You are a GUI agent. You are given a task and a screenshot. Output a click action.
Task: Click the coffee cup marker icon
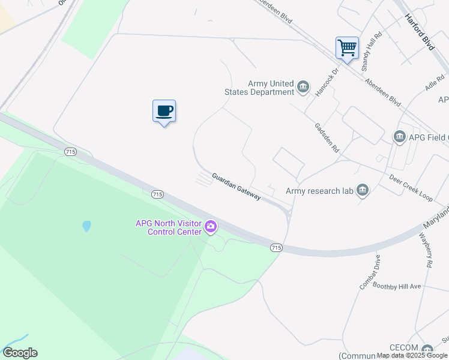click(164, 111)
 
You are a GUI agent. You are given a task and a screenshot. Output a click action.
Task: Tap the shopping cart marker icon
click(347, 47)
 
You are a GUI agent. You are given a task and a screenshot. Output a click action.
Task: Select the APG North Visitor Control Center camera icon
click(211, 227)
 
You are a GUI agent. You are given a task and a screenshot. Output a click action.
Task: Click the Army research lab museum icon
click(363, 191)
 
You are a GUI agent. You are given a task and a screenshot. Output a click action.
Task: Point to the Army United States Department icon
click(304, 88)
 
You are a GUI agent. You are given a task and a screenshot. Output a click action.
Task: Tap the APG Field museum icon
click(400, 137)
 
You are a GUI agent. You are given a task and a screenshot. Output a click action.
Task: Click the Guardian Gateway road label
click(236, 187)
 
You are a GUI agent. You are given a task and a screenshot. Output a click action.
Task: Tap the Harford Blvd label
click(419, 31)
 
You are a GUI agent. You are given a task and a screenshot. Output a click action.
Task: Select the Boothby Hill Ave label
click(397, 286)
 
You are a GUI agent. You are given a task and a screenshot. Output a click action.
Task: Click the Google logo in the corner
click(20, 353)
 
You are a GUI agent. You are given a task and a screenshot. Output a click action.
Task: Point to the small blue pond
click(87, 226)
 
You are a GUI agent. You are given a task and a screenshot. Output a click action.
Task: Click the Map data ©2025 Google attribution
click(412, 356)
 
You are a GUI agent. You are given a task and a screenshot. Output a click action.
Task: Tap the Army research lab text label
click(319, 191)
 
